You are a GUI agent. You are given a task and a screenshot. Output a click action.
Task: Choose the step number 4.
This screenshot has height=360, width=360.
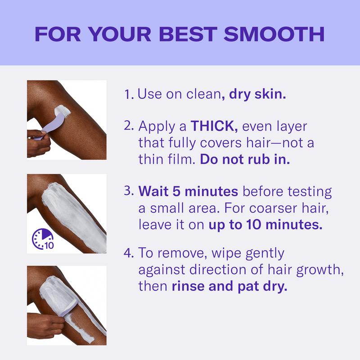[129, 253]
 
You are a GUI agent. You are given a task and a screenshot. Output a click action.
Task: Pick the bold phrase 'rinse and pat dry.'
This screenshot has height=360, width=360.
[229, 287]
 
